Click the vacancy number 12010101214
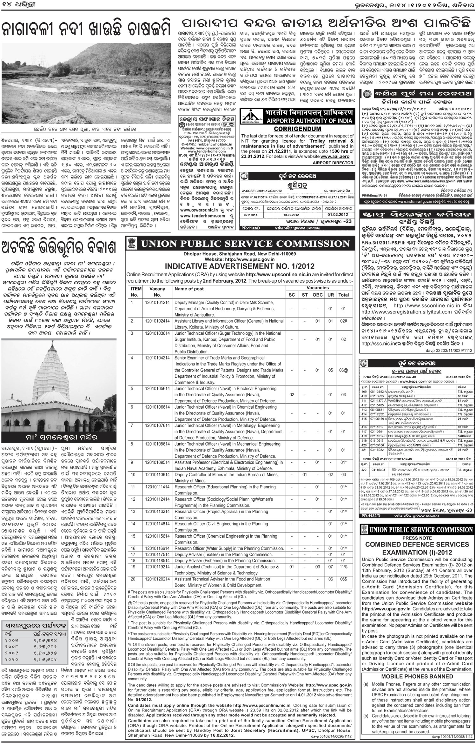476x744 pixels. click(157, 302)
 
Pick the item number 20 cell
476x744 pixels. click(133, 579)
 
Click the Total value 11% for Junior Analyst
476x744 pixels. click(343, 566)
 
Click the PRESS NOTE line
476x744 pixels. click(417, 538)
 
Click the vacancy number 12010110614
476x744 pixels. click(157, 474)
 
